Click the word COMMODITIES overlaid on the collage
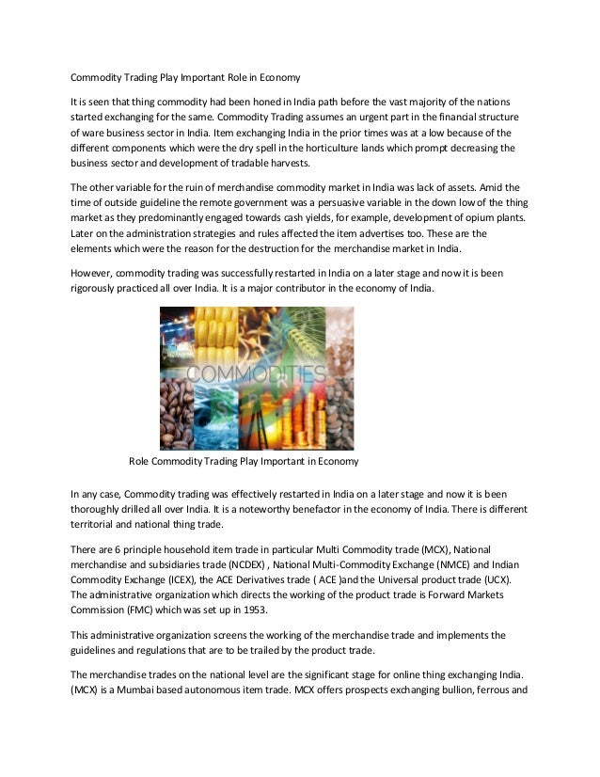pos(257,374)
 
